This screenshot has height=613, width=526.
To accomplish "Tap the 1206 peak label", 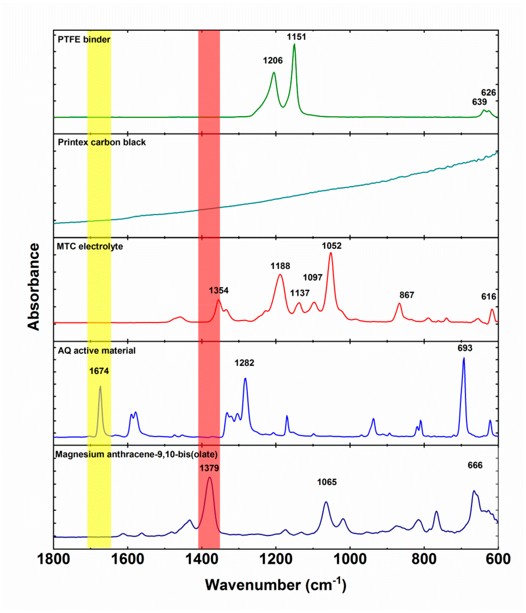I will click(x=273, y=61).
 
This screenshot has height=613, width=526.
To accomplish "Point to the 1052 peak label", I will click(x=331, y=246).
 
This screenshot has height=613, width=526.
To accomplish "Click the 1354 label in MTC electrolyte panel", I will click(x=218, y=291).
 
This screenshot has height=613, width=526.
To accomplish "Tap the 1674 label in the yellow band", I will click(x=99, y=371).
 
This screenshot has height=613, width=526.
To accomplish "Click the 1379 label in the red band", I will click(x=209, y=468).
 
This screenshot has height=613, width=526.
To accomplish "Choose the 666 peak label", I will click(x=475, y=465).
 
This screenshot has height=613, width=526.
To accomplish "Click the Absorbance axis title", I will click(x=33, y=286).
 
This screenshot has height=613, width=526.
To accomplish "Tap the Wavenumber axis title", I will click(x=275, y=585).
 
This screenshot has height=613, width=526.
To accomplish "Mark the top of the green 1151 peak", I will click(x=294, y=44).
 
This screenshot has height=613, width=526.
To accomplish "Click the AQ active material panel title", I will click(x=97, y=351).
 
